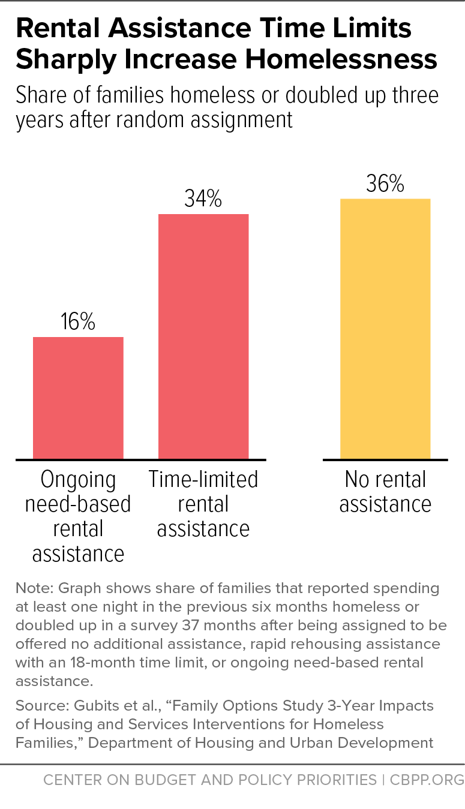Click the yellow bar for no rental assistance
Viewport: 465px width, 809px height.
[x=385, y=329]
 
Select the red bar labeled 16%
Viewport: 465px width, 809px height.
[x=79, y=398]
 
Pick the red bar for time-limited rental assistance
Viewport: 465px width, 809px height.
[x=203, y=336]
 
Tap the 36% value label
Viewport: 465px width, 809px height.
[x=385, y=184]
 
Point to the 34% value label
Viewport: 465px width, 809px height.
[x=203, y=199]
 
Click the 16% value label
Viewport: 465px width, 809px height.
[x=78, y=321]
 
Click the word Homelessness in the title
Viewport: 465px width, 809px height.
[x=341, y=59]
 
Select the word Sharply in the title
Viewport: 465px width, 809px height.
[x=66, y=61]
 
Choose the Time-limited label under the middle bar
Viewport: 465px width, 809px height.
[x=203, y=479]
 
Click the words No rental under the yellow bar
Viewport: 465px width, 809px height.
[x=386, y=479]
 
